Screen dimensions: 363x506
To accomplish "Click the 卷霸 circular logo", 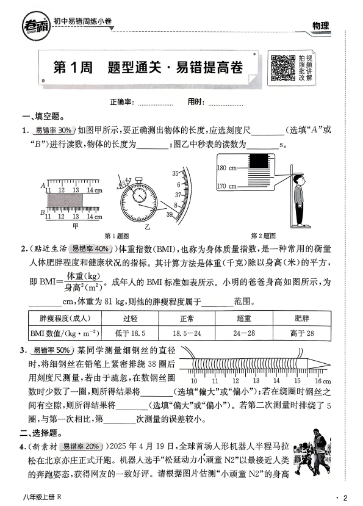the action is coord(37,26).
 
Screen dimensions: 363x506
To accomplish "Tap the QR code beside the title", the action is coord(282,67).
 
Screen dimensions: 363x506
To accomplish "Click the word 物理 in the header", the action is coord(320,26).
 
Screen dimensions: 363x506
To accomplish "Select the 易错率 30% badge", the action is coord(53,131).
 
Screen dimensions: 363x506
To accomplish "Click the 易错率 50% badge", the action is coord(52,350).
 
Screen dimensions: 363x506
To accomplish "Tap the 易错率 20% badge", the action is coord(81,447).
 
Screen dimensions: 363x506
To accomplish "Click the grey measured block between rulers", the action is coord(65,200).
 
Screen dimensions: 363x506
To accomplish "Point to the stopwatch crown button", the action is coord(138,179).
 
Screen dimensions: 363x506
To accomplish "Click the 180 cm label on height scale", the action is coord(226,168).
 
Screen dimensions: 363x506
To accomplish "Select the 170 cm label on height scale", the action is coord(226,186).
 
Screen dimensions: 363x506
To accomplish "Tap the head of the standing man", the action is coord(299,179).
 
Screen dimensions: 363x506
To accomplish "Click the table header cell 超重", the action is coord(244,319).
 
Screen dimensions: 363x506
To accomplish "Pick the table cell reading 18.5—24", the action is coord(187,333).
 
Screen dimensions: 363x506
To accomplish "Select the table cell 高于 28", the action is coord(302,333).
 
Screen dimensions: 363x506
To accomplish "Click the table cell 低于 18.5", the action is coord(130,333).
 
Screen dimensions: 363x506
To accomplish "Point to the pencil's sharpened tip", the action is coord(329,365).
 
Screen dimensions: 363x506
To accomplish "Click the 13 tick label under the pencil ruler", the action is coord(256,381).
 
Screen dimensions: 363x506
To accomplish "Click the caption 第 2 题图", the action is coord(264,236).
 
